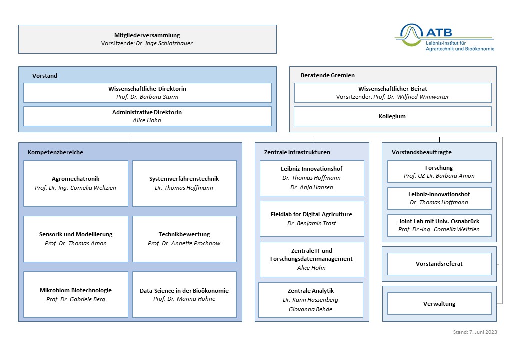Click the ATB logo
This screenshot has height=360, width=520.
(444, 37)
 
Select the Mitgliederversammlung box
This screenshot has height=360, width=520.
(147, 39)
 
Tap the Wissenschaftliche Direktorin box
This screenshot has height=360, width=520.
(147, 93)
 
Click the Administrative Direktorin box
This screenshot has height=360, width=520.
(147, 116)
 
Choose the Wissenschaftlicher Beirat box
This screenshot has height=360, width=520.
(393, 93)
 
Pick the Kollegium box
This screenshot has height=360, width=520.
(393, 116)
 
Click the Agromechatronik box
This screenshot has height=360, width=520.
(76, 183)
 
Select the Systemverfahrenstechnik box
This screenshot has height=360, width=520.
(184, 183)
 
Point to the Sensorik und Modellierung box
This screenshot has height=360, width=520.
(76, 239)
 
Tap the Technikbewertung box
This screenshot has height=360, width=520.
(184, 239)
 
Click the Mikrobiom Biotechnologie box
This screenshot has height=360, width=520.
(76, 294)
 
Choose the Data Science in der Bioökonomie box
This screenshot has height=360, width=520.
(184, 294)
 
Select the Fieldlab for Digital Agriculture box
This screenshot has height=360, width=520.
(312, 219)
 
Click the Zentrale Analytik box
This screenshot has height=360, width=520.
(311, 300)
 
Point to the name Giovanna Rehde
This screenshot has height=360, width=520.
(310, 309)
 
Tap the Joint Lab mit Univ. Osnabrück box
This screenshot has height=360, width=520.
(439, 225)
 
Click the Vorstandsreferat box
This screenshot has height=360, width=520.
(439, 264)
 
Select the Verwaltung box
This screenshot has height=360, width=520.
(439, 304)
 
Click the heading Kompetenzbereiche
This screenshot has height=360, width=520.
(55, 152)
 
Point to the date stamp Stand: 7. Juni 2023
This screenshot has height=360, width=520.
(475, 332)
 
